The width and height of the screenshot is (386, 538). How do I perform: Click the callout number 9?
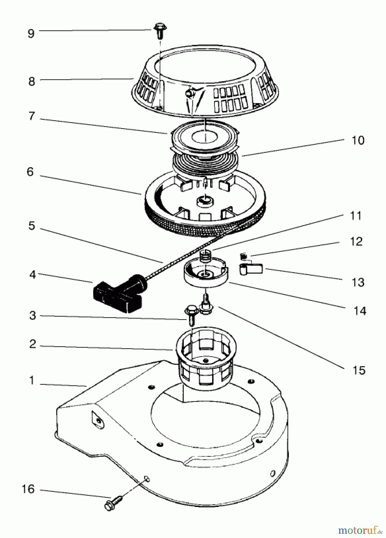coord(31,33)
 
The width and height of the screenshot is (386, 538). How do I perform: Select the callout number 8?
coord(32,81)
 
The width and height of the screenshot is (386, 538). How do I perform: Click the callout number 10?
coord(358,140)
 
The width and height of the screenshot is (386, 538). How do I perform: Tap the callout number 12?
coord(356,242)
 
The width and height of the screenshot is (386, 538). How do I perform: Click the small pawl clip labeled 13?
coord(251,268)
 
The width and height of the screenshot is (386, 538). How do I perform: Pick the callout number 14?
coord(360,311)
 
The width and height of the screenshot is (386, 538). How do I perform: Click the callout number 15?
coord(359,370)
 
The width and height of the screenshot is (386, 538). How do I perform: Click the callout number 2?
coord(33,344)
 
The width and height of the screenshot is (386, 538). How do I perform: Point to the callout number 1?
coord(32,381)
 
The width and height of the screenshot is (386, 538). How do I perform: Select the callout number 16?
coord(28,489)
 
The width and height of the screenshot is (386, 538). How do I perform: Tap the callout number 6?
coord(30,172)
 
